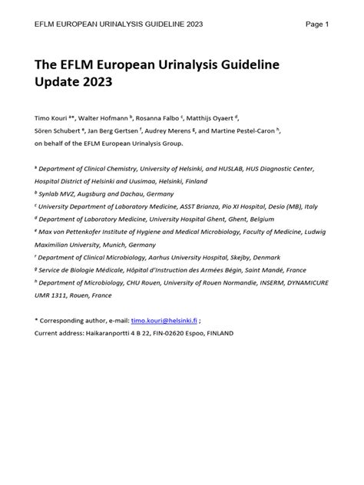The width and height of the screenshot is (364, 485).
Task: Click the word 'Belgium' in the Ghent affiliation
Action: click(x=254, y=219)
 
